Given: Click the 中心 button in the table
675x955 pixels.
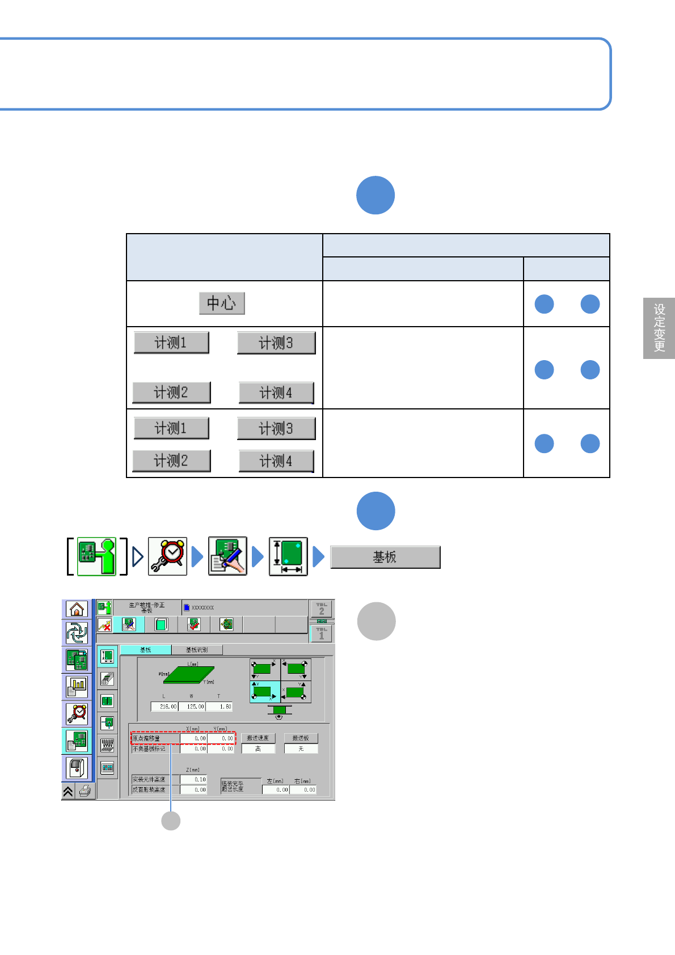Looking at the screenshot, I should tap(222, 303).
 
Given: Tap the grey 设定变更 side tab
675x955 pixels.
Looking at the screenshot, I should tap(659, 328).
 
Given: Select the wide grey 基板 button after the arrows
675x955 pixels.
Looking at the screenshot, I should tap(385, 557).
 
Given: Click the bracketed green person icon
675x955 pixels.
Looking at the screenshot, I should tap(96, 556).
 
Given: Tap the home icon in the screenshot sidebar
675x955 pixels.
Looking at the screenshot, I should tap(77, 609).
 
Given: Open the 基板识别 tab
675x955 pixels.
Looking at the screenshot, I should tap(197, 650).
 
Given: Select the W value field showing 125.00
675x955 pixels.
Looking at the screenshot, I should tap(192, 707).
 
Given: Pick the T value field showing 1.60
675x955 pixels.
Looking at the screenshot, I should tap(220, 707).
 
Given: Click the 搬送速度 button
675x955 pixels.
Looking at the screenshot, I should tap(258, 738).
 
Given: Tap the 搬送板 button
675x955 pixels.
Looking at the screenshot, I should tap(301, 738).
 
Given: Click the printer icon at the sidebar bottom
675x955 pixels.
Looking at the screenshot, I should tap(86, 791).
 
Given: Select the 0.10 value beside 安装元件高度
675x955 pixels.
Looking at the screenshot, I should tap(194, 780).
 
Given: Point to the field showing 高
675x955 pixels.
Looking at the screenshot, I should tap(258, 749).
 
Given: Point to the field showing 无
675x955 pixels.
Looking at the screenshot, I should tap(301, 749).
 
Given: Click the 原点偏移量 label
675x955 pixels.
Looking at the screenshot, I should tap(147, 738).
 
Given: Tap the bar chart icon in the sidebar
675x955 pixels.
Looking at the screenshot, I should tap(77, 687).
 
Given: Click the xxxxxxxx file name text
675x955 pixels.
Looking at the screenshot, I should tap(202, 607).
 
